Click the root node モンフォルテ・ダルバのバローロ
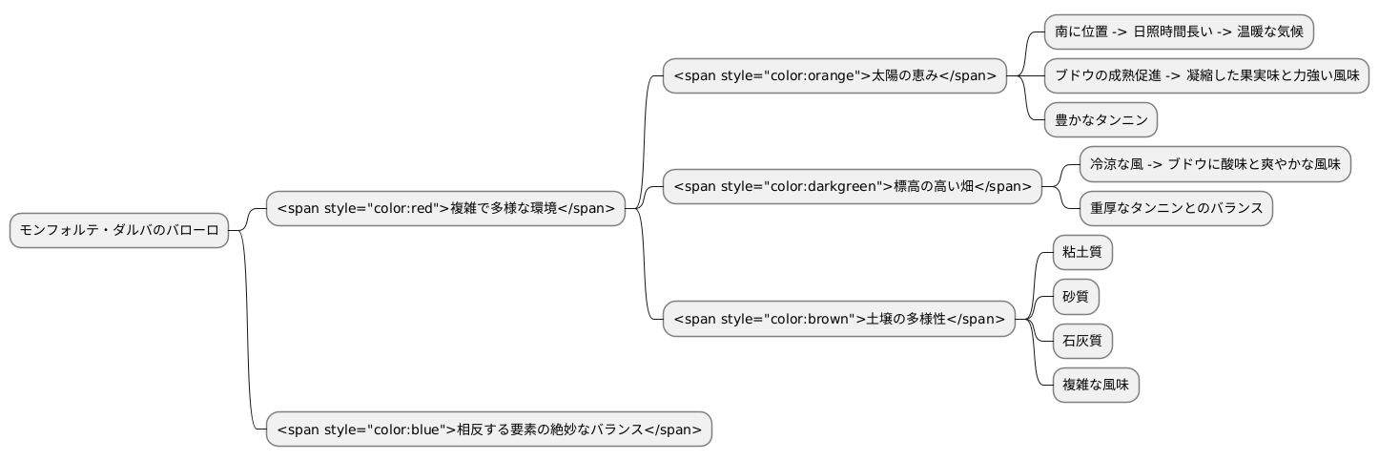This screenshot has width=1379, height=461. (x=119, y=230)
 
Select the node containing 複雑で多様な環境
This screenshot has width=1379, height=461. (x=445, y=208)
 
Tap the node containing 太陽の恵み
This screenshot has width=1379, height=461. (x=834, y=75)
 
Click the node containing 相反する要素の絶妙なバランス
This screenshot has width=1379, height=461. (x=488, y=430)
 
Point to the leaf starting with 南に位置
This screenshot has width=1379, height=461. (x=1179, y=31)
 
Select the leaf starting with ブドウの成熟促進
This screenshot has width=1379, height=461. (x=1206, y=75)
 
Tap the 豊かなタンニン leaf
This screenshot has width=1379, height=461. (x=1101, y=120)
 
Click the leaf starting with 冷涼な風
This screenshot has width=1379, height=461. (x=1215, y=164)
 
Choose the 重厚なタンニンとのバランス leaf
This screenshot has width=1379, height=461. (x=1176, y=208)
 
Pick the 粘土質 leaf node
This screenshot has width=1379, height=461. (x=1082, y=253)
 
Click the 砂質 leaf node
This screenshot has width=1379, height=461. (x=1076, y=297)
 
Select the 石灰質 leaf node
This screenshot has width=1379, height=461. (x=1082, y=341)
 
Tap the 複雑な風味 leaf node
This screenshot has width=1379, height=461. (x=1096, y=385)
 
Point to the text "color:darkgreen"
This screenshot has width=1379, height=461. (x=821, y=186)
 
